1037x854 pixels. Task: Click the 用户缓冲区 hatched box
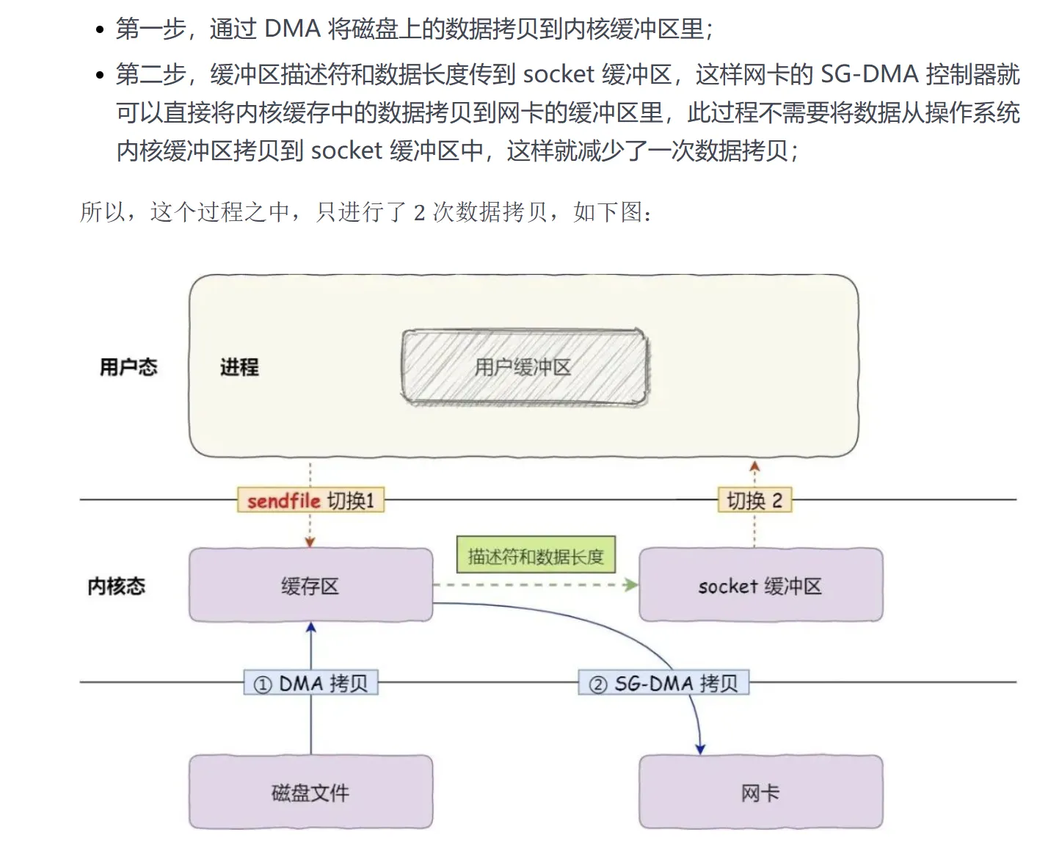tap(524, 367)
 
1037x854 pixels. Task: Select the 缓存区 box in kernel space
tap(310, 586)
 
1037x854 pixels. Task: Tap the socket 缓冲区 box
tap(760, 586)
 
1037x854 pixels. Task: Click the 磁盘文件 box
tap(310, 792)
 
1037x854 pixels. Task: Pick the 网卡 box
tap(760, 792)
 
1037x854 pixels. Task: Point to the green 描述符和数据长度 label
tap(536, 557)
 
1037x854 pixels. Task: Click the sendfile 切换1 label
tap(310, 501)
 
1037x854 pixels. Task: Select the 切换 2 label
tap(754, 501)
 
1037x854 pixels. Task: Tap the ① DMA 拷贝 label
tap(310, 684)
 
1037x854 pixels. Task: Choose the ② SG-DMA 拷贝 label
tap(663, 684)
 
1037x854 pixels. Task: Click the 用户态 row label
tap(128, 367)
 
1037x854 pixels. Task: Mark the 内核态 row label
tap(117, 586)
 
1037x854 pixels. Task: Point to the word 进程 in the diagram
tap(239, 367)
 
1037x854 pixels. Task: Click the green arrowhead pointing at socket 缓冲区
tap(631, 585)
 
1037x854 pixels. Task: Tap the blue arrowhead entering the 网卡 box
tap(700, 749)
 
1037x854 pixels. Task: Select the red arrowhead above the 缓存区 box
tap(310, 542)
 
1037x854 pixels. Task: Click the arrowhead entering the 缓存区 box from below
tap(310, 628)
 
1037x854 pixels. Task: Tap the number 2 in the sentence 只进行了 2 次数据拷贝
tap(420, 213)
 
